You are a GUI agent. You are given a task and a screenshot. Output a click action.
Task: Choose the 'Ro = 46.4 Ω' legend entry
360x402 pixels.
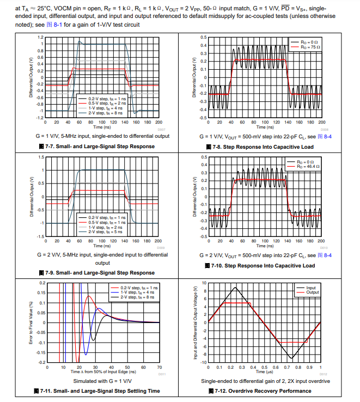[307, 166]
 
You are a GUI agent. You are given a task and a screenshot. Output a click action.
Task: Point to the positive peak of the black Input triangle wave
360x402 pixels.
[235, 288]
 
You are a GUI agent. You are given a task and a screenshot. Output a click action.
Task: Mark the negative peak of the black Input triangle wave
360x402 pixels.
[291, 358]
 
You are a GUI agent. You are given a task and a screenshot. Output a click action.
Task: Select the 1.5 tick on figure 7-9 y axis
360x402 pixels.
[41, 157]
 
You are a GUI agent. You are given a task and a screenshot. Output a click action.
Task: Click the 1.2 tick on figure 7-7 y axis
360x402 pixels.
[41, 37]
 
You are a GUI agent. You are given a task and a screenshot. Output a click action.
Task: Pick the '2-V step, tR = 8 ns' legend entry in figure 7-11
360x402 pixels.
[139, 297]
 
